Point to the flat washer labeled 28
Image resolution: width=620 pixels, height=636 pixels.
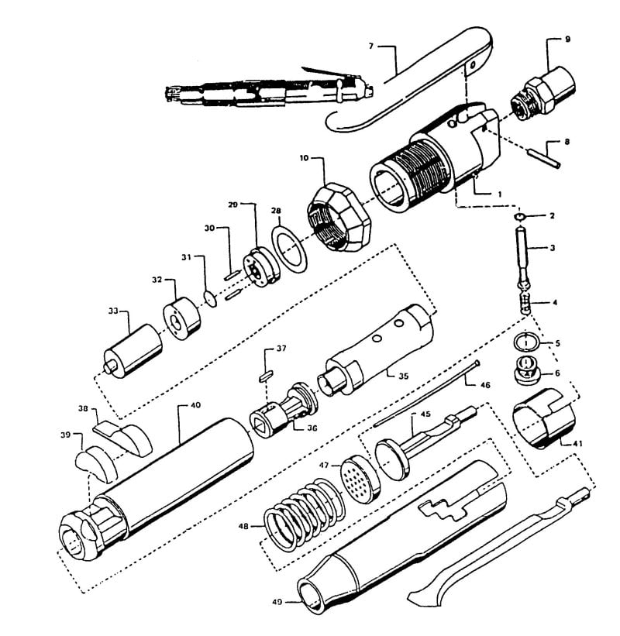[x=288, y=246]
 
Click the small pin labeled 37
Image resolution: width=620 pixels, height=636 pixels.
[x=265, y=374]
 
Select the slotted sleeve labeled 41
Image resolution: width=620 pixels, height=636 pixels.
[x=542, y=425]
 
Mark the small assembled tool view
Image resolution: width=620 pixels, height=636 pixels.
[x=263, y=89]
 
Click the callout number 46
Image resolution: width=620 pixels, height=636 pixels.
[x=484, y=384]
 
